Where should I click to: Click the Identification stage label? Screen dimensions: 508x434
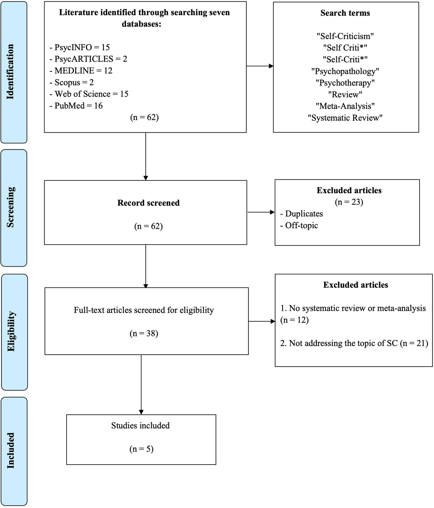click(x=10, y=72)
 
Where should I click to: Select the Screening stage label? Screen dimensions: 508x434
click(x=10, y=207)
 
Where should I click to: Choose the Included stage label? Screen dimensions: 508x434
click(x=11, y=450)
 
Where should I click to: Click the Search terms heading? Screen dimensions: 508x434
click(x=345, y=13)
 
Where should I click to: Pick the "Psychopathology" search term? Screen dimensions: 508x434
click(x=345, y=71)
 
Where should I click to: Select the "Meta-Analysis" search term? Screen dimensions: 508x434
click(x=345, y=106)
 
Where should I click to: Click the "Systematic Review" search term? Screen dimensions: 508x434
click(x=345, y=118)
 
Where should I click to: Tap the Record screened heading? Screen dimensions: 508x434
click(x=148, y=203)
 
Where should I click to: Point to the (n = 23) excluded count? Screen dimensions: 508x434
click(x=349, y=202)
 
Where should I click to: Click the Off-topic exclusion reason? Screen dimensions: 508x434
click(x=301, y=225)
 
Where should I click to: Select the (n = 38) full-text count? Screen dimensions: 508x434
click(x=144, y=333)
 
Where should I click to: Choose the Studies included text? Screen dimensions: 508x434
click(x=140, y=426)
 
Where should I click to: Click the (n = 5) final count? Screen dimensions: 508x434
click(x=141, y=449)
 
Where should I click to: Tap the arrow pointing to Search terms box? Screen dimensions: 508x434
click(x=260, y=66)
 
